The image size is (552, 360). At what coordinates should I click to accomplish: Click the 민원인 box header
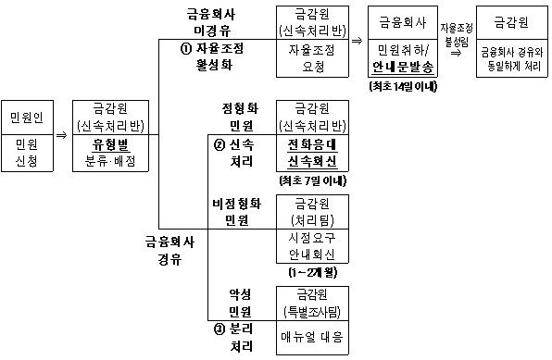(25, 118)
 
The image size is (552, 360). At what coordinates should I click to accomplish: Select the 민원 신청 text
(25, 153)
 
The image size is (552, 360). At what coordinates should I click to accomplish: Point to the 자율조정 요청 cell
(311, 61)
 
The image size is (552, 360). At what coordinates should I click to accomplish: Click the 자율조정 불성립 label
(455, 34)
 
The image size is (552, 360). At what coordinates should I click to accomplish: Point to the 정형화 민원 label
(240, 117)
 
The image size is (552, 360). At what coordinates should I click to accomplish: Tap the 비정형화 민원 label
(240, 210)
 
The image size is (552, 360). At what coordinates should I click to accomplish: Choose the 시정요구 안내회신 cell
(311, 246)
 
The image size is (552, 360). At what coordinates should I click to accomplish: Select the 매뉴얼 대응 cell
(311, 337)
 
